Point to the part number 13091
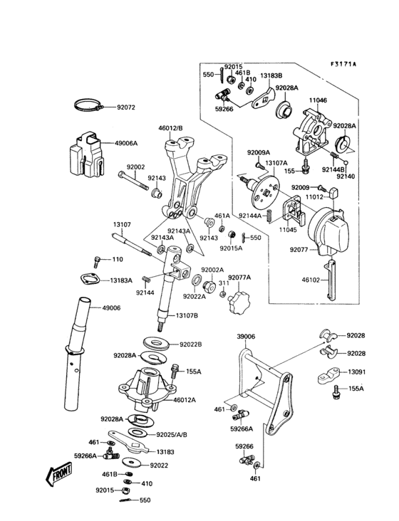[357, 372]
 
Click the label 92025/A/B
[173, 433]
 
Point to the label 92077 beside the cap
[299, 250]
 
